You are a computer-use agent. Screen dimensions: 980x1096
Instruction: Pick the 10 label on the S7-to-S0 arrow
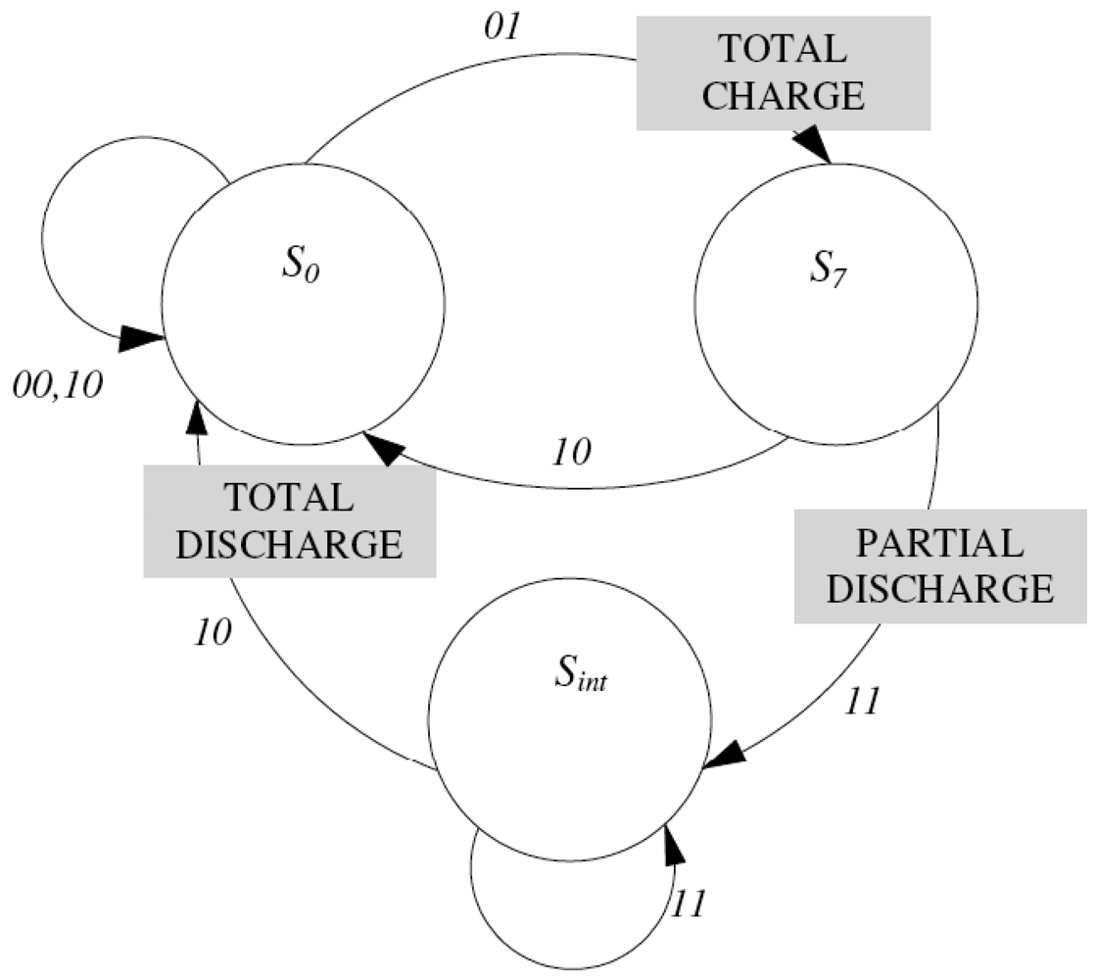(572, 452)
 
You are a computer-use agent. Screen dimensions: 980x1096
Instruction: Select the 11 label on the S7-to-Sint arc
(863, 702)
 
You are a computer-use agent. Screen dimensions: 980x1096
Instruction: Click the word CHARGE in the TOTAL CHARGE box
(784, 96)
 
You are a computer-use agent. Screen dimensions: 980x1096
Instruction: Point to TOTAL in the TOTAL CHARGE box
(784, 49)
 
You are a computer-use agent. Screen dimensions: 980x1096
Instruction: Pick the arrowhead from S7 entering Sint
(723, 759)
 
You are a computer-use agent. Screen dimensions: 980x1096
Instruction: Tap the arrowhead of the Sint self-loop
(671, 841)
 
